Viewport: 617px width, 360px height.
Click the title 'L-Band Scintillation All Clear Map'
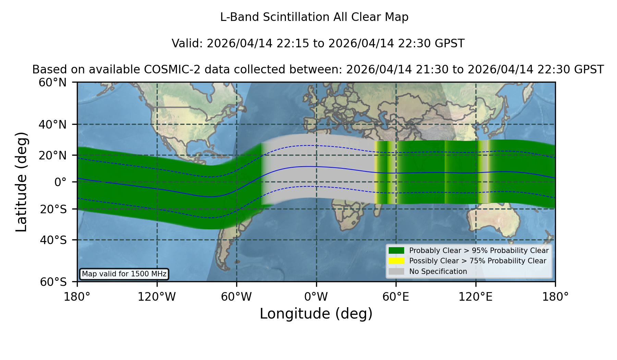click(x=314, y=17)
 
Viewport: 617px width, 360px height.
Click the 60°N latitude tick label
click(x=53, y=83)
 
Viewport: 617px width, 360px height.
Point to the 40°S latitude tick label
click(x=53, y=240)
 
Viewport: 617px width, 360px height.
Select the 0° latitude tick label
click(x=61, y=182)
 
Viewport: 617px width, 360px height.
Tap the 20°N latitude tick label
click(x=53, y=155)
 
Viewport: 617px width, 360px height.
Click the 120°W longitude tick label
click(x=157, y=297)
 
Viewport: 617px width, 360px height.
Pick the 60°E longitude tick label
click(x=396, y=297)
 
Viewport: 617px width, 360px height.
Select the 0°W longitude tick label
click(x=316, y=297)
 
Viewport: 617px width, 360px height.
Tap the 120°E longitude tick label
click(x=475, y=297)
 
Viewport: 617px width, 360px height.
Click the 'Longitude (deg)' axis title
click(x=316, y=314)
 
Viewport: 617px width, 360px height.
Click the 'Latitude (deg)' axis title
click(x=22, y=182)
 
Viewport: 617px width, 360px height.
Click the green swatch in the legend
click(x=397, y=251)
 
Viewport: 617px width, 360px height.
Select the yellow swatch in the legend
click(x=397, y=261)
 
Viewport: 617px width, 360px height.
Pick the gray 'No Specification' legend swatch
click(x=397, y=272)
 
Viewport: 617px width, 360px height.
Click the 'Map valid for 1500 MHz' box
click(x=124, y=274)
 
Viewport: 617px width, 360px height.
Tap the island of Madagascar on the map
click(x=378, y=209)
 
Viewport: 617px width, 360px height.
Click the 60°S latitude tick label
click(x=53, y=282)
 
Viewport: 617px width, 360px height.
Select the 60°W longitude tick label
click(x=237, y=297)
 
